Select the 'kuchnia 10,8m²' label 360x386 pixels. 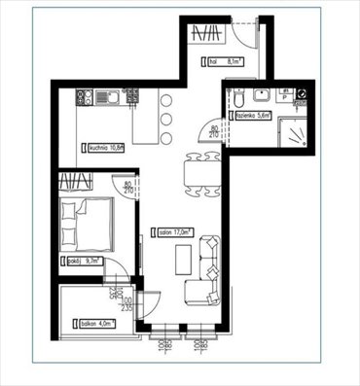click(105, 148)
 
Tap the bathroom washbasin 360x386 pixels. click(260, 95)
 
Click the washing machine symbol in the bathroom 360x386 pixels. click(302, 95)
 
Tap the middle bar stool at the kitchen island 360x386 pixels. click(165, 119)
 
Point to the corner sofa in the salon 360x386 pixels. click(207, 272)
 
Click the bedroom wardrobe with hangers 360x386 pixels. click(76, 181)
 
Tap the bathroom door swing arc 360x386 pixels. click(219, 127)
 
